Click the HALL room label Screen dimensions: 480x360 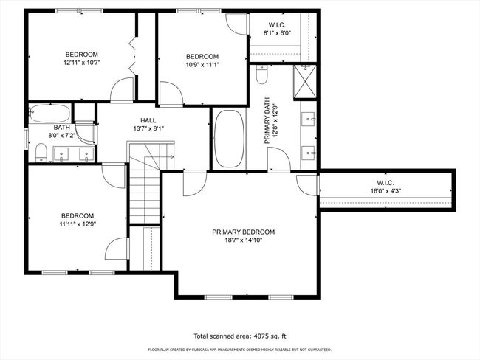148,120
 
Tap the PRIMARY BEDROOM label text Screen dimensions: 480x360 244,232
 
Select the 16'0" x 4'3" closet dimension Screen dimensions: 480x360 385,191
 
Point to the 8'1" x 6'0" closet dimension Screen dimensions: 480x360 277,33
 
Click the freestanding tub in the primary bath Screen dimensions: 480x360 229,139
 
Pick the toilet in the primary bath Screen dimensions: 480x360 261,75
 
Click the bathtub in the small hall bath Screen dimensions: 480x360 49,113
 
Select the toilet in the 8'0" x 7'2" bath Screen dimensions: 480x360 41,153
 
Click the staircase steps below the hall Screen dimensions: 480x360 145,192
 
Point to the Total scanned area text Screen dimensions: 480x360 240,336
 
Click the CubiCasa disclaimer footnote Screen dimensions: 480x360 240,349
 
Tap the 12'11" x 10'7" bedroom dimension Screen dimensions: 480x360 82,63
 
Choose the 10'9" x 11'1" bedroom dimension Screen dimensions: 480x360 202,64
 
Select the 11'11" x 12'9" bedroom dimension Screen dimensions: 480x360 78,224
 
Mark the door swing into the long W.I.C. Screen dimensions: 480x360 307,185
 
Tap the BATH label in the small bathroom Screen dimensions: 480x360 62,127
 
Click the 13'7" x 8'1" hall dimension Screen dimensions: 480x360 148,128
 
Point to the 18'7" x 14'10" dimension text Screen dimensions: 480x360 244,240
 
